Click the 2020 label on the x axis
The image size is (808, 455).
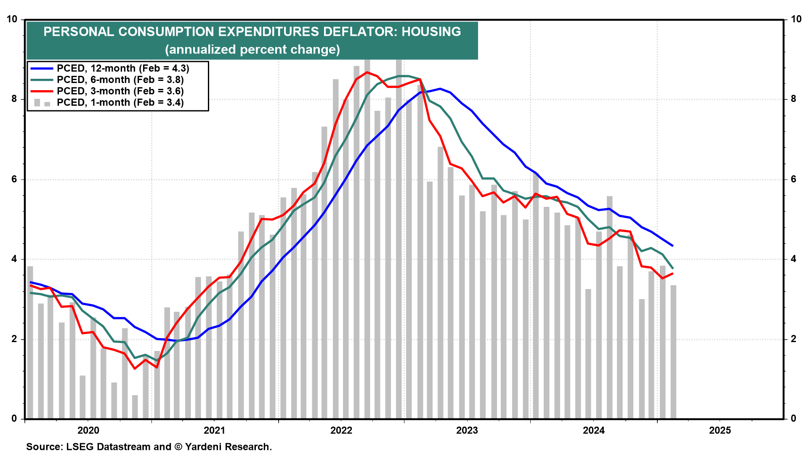88,430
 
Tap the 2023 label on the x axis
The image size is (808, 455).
467,430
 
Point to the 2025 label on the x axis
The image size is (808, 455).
720,430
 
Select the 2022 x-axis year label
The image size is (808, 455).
341,430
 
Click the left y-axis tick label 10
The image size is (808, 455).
12,19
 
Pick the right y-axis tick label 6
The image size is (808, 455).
794,179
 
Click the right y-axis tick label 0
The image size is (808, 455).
794,418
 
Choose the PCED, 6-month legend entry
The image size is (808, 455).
120,80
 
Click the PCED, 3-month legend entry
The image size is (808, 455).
120,91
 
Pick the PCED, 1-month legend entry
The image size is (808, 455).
120,102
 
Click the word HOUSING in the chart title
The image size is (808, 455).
431,32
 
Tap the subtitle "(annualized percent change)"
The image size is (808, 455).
252,50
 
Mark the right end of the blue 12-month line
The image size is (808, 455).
673,246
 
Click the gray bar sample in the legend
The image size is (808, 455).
42,103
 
